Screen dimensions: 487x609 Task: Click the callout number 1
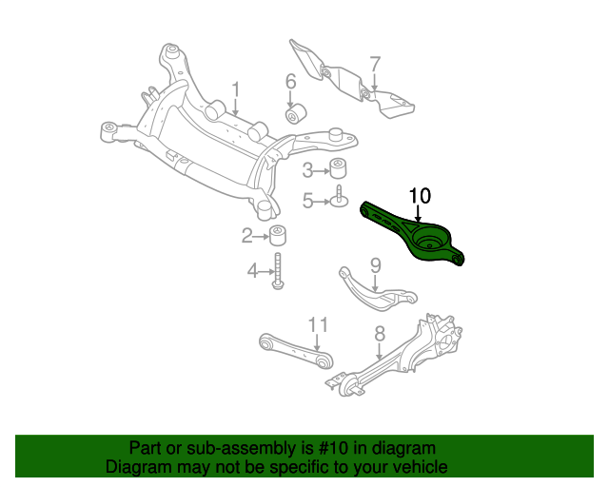tap(235, 91)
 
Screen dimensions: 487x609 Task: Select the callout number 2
tap(247, 235)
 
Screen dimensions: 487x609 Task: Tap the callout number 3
tap(307, 170)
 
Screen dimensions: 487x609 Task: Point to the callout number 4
tap(253, 271)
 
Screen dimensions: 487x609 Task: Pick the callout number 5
tap(307, 201)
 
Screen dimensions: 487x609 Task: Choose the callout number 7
tap(375, 65)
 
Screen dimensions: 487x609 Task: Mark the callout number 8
tap(379, 333)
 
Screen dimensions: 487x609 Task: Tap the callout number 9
tap(375, 264)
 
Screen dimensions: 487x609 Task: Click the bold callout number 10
tap(420, 196)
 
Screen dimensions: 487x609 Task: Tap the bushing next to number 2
tap(279, 235)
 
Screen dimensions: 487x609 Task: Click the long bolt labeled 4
tap(278, 271)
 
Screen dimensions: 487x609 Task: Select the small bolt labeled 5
tap(338, 202)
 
